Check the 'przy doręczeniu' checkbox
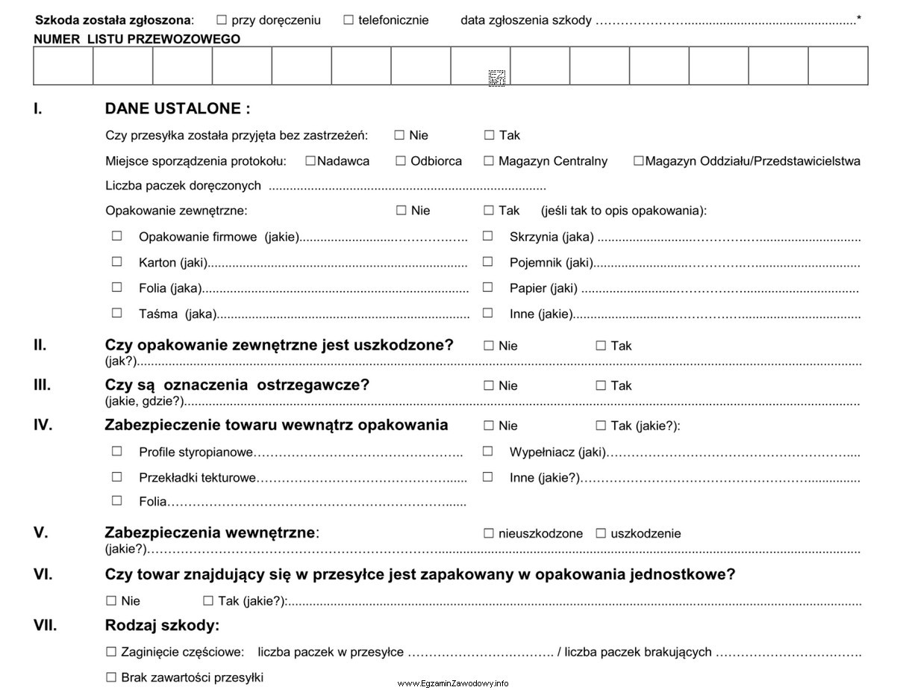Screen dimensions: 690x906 [222, 20]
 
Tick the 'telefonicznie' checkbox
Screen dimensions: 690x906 [349, 20]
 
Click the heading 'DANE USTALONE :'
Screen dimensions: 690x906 [178, 109]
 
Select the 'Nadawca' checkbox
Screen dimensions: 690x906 [310, 161]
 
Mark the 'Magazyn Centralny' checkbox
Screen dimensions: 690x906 [489, 161]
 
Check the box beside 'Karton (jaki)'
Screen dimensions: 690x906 [116, 262]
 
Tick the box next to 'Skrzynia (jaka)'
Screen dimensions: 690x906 [487, 237]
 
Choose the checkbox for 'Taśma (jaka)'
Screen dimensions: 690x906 [116, 314]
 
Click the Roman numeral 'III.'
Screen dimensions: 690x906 [42, 385]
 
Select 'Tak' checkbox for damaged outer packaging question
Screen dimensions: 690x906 [601, 346]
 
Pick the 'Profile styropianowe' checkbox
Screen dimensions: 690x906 [116, 451]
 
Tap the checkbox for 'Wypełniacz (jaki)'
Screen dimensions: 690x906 [487, 451]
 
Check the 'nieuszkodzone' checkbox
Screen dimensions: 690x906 [489, 533]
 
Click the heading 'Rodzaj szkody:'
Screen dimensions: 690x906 [162, 625]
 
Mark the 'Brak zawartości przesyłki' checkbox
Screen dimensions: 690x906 [111, 677]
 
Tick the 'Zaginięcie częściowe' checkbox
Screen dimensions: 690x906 [111, 652]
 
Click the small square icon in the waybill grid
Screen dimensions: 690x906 [497, 78]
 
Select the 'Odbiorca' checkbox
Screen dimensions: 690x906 [401, 161]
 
